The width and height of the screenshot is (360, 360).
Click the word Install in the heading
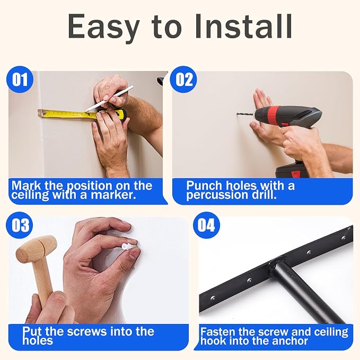[x=243, y=26]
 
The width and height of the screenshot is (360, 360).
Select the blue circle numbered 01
[x=20, y=80]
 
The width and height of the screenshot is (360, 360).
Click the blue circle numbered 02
[x=183, y=80]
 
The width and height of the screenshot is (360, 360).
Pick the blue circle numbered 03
[x=20, y=225]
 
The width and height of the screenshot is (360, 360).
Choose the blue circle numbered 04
[x=206, y=225]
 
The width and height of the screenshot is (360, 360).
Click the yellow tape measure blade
[x=67, y=114]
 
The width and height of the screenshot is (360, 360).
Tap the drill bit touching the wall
[x=245, y=114]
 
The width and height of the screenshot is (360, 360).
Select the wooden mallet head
[x=36, y=249]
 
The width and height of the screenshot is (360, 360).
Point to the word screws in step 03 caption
[x=87, y=331]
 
